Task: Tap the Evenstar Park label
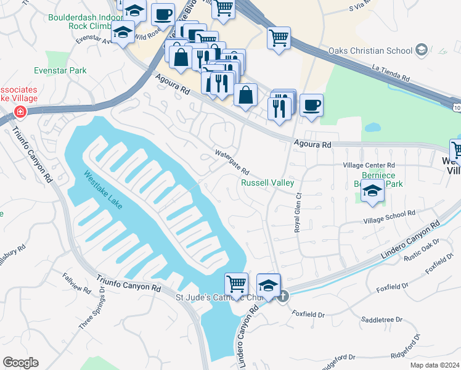60,71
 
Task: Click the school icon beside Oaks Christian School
422,49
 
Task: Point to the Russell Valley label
267,183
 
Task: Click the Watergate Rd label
231,162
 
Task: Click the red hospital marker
20,112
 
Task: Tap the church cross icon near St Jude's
282,296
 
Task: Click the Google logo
20,363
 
